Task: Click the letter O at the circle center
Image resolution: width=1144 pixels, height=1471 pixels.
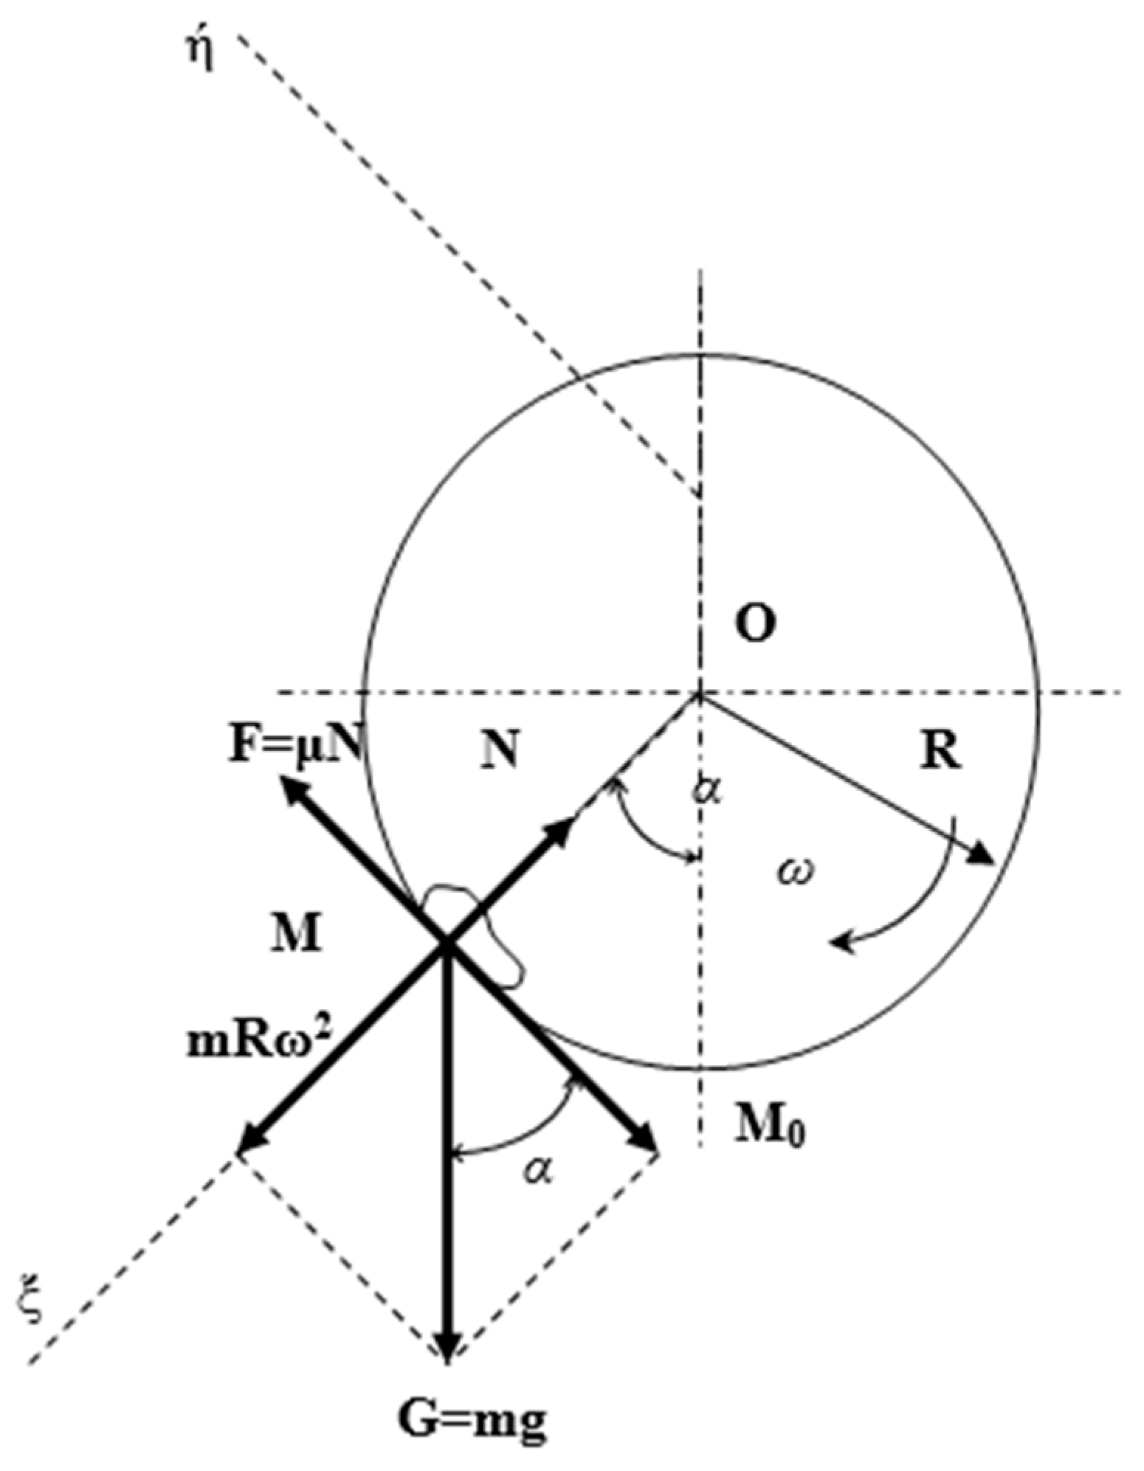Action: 755,624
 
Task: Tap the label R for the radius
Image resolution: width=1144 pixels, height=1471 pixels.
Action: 941,752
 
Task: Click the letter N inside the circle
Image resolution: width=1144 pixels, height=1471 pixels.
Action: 500,752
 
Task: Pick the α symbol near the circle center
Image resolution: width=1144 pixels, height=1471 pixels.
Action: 707,791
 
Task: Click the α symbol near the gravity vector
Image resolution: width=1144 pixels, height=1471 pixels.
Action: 539,1169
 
